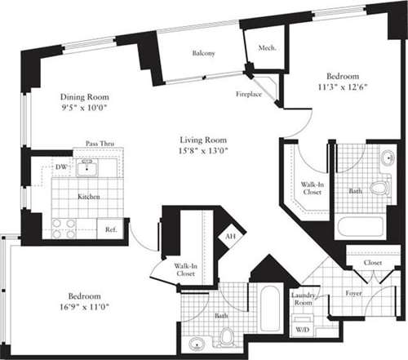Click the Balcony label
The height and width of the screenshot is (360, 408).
pyautogui.click(x=203, y=53)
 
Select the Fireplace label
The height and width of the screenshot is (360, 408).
pyautogui.click(x=249, y=93)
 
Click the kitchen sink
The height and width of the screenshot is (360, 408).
pyautogui.click(x=86, y=168)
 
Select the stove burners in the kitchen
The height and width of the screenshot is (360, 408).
pyautogui.click(x=64, y=228)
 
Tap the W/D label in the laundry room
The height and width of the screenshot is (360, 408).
pyautogui.click(x=301, y=330)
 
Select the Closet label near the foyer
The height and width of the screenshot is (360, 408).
pyautogui.click(x=374, y=264)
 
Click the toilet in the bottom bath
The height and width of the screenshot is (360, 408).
pyautogui.click(x=228, y=336)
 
